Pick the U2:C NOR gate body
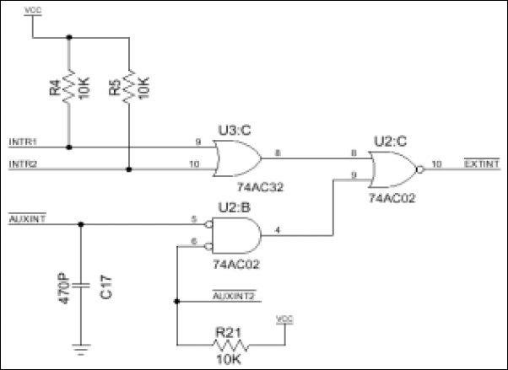(387, 165)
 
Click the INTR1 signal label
(23, 140)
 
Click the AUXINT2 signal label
(233, 296)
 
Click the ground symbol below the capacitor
(81, 344)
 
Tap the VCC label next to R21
(284, 319)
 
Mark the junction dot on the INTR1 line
(69, 147)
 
